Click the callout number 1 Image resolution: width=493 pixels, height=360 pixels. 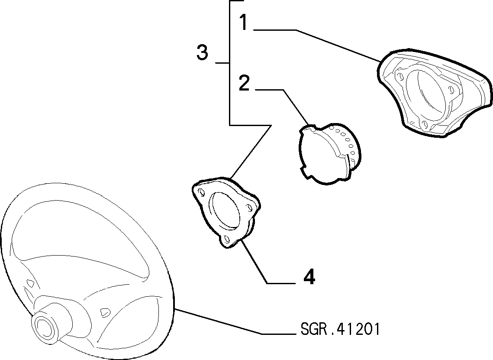pyautogui.click(x=243, y=22)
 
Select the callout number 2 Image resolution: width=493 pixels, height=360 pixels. pyautogui.click(x=244, y=83)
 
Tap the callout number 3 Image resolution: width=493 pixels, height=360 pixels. pyautogui.click(x=202, y=52)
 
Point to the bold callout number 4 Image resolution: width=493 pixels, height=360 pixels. pyautogui.click(x=309, y=277)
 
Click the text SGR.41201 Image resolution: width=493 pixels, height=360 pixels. pyautogui.click(x=340, y=330)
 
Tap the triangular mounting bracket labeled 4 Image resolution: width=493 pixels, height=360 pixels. pyautogui.click(x=226, y=213)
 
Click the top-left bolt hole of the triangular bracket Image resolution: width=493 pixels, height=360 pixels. pyautogui.click(x=200, y=192)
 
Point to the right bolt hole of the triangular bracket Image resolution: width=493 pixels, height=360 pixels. pyautogui.click(x=250, y=208)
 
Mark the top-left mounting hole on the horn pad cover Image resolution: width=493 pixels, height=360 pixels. pyautogui.click(x=400, y=75)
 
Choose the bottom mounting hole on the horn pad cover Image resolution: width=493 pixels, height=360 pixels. pyautogui.click(x=425, y=124)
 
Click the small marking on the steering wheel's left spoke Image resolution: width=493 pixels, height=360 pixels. pyautogui.click(x=30, y=282)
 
